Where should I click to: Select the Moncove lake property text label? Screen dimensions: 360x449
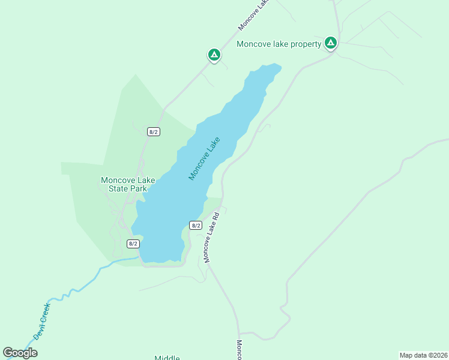[279, 44]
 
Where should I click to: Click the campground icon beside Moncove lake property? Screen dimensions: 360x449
[330, 43]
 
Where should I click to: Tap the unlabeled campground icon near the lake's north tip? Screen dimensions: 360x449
[214, 55]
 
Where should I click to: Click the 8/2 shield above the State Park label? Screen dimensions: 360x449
[154, 131]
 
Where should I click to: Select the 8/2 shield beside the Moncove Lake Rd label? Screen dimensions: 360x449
[195, 225]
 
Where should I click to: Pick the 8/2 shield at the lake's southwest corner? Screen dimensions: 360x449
[133, 244]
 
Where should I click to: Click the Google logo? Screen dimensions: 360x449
[20, 353]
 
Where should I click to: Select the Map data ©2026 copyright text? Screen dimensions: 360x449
[423, 355]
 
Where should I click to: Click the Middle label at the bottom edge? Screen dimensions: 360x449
[167, 358]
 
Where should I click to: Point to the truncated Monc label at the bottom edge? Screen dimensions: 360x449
[239, 350]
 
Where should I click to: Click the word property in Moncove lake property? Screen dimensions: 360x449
[303, 44]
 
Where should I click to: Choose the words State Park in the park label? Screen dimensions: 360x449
[127, 188]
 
